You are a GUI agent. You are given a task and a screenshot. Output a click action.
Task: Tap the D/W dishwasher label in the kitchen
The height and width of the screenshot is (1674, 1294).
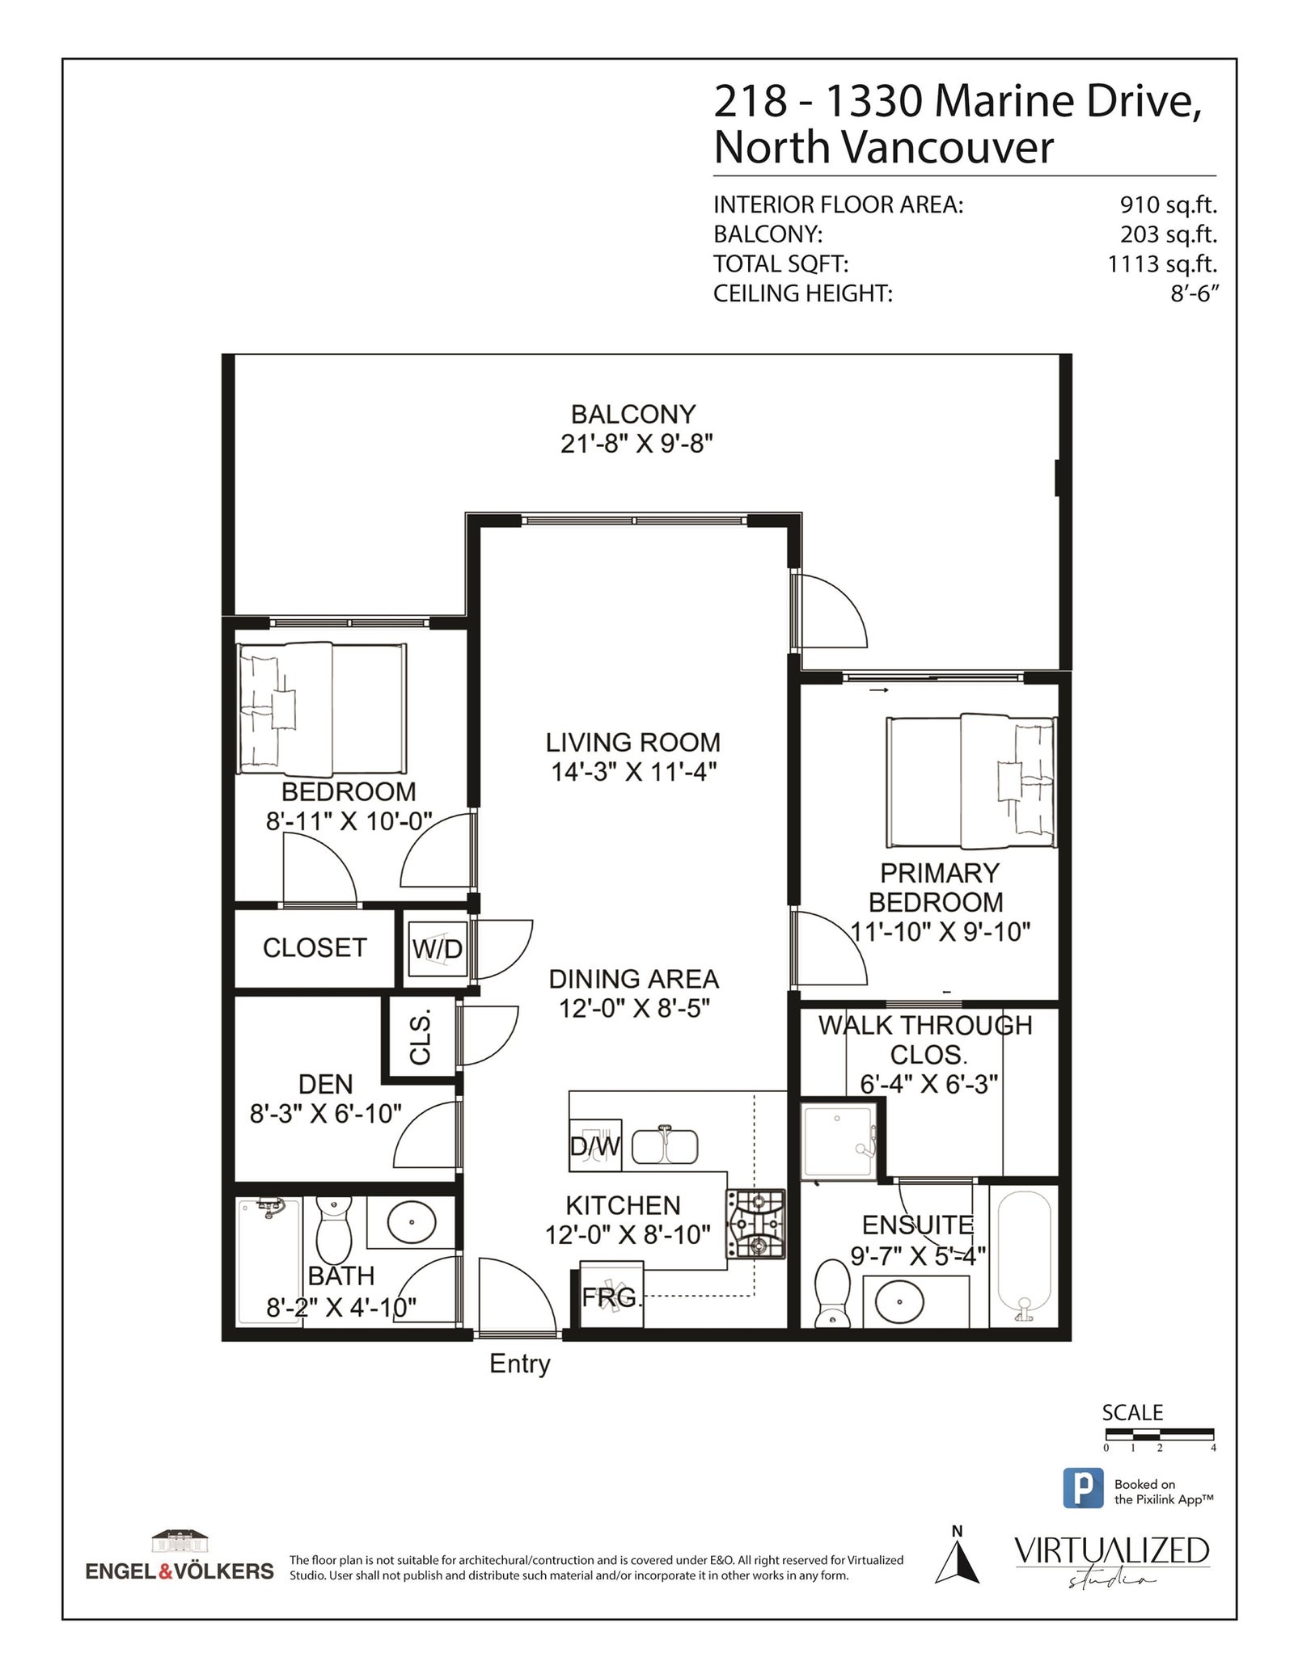pyautogui.click(x=595, y=1145)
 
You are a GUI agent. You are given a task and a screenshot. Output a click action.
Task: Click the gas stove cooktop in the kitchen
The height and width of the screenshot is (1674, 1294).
pyautogui.click(x=755, y=1224)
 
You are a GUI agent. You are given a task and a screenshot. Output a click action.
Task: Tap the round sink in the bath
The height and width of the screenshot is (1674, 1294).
pyautogui.click(x=412, y=1221)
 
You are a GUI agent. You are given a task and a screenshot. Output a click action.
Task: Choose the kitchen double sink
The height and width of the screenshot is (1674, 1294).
pyautogui.click(x=665, y=1145)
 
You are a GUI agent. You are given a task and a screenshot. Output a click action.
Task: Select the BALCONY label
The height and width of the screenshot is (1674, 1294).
pyautogui.click(x=633, y=414)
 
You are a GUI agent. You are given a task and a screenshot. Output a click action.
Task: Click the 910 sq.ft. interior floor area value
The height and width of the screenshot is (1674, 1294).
pyautogui.click(x=1169, y=205)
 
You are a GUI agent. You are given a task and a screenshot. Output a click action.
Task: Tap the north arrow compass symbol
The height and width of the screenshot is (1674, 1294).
pyautogui.click(x=958, y=1562)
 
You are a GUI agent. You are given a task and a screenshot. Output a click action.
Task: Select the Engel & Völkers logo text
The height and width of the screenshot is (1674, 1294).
pyautogui.click(x=180, y=1571)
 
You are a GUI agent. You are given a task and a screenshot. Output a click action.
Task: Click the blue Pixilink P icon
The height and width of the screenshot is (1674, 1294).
pyautogui.click(x=1083, y=1488)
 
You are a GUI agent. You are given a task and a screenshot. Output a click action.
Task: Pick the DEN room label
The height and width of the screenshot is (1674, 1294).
pyautogui.click(x=326, y=1084)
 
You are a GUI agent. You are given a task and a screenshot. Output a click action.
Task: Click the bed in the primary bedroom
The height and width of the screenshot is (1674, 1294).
pyautogui.click(x=971, y=781)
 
